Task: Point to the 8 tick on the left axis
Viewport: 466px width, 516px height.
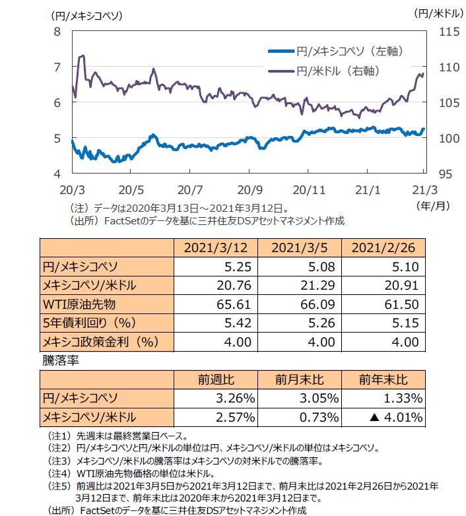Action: pyautogui.click(x=57, y=31)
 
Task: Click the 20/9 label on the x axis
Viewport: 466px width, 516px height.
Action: pyautogui.click(x=250, y=189)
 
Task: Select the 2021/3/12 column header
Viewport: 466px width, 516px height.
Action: pyautogui.click(x=211, y=248)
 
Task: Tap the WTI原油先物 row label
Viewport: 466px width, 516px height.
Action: pyautogui.click(x=80, y=304)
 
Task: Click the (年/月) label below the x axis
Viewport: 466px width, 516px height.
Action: pyautogui.click(x=432, y=205)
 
